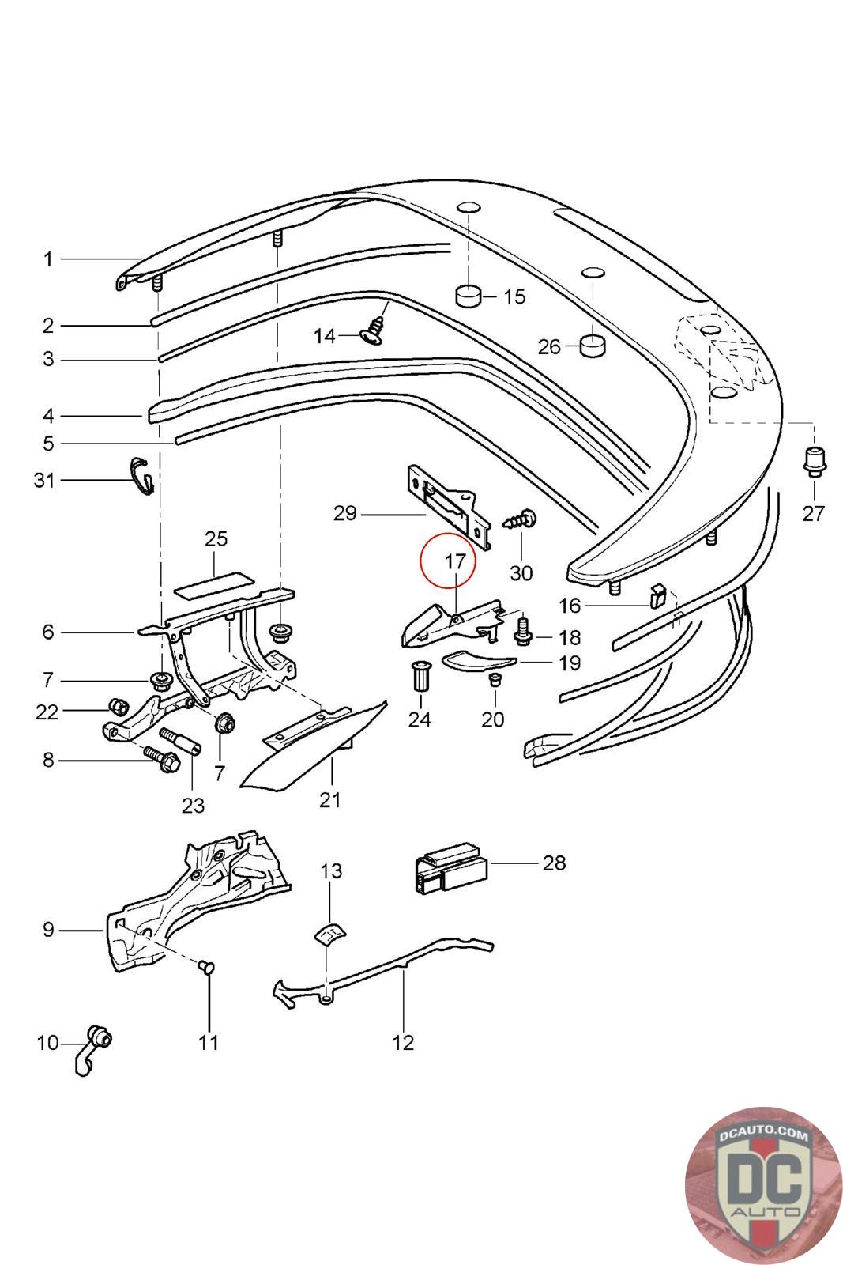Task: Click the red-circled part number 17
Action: click(455, 561)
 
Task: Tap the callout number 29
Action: click(344, 513)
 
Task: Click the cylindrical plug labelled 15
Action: click(468, 296)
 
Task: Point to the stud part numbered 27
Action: click(814, 462)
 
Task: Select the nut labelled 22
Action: click(117, 706)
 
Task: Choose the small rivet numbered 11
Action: click(207, 968)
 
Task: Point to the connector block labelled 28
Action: click(451, 869)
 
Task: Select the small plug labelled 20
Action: click(495, 679)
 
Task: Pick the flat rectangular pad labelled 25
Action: click(214, 583)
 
